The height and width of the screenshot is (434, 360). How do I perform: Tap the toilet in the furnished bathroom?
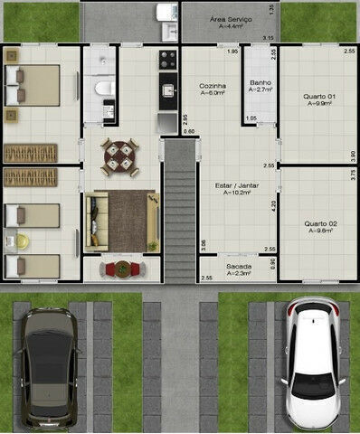104,88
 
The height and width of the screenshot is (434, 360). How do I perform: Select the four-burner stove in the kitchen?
168,61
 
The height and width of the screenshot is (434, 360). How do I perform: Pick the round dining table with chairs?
119,156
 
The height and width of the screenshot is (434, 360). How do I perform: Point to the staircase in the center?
180,208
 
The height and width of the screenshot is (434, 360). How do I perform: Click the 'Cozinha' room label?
212,86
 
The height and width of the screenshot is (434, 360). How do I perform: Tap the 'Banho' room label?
260,82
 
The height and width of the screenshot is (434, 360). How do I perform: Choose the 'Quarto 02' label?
319,222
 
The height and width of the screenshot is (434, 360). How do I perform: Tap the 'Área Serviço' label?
231,19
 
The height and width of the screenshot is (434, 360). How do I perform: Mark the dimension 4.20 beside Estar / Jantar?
272,204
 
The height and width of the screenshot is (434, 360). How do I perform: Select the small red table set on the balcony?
121,269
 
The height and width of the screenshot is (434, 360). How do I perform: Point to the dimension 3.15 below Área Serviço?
268,37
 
